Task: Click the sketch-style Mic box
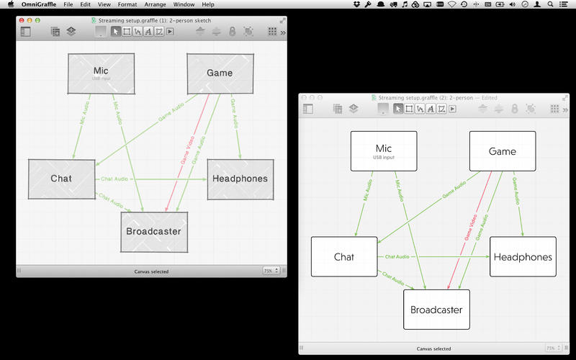click(x=101, y=73)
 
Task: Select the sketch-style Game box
click(x=220, y=73)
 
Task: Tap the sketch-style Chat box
click(x=61, y=179)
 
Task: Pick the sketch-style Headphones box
click(x=240, y=179)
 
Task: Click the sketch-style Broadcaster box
click(x=153, y=232)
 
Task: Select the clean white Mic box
click(x=383, y=151)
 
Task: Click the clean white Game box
click(x=502, y=151)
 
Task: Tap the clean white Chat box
click(x=344, y=257)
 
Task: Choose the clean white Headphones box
click(x=523, y=257)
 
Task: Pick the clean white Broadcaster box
click(x=436, y=310)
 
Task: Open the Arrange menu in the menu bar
click(x=155, y=4)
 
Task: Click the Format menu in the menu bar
click(x=127, y=4)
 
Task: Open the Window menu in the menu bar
click(x=184, y=4)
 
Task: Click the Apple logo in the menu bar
click(x=10, y=4)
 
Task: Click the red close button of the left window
click(x=21, y=20)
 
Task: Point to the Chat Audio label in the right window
click(x=397, y=256)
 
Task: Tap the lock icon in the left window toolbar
click(x=232, y=32)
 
